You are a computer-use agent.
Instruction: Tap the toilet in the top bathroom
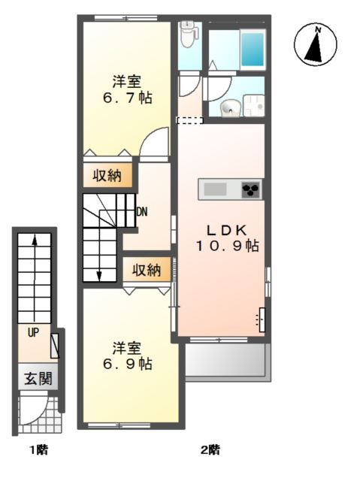pos(188,32)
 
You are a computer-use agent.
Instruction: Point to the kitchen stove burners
pos(250,189)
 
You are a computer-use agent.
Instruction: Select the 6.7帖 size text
pos(127,98)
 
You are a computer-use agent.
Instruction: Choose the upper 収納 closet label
pos(107,176)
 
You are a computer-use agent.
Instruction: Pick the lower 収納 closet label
pos(147,271)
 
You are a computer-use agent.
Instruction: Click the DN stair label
pos(141,211)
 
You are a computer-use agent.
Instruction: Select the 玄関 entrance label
pos(37,379)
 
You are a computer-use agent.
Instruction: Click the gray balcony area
pos(225,362)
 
